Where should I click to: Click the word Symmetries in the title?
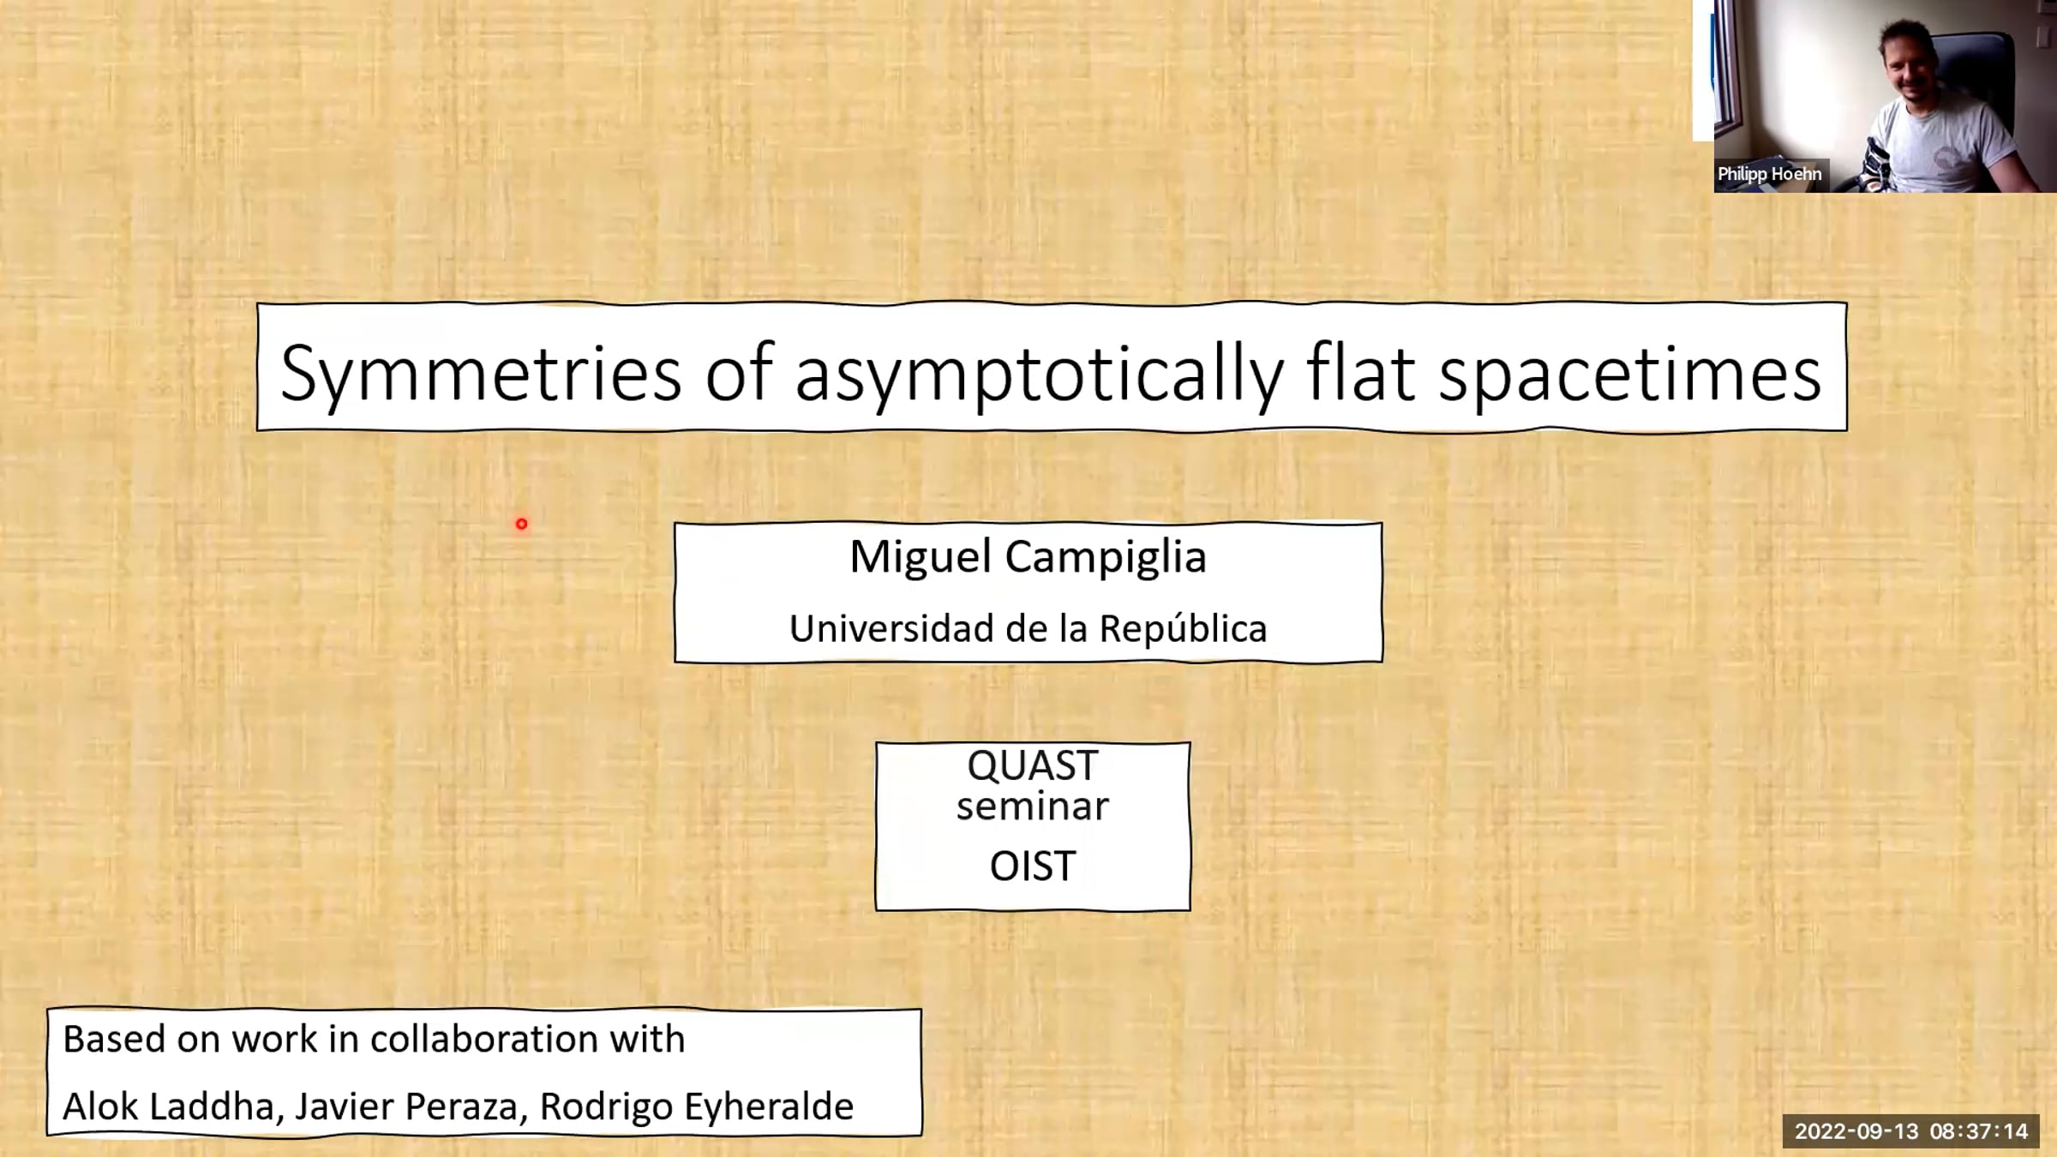click(x=481, y=374)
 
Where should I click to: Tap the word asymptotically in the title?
click(x=1040, y=374)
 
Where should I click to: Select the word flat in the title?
click(x=1360, y=374)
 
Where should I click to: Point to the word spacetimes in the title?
click(x=1629, y=374)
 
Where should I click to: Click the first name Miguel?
click(x=921, y=557)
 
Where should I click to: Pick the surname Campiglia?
click(x=1106, y=557)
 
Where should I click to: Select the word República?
click(x=1183, y=628)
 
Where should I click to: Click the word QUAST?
click(x=1032, y=765)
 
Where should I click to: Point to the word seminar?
click(x=1032, y=806)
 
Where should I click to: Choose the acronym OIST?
click(x=1032, y=866)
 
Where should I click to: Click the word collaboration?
click(x=484, y=1039)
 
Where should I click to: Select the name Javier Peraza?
click(x=407, y=1106)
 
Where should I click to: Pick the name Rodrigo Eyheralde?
click(x=696, y=1106)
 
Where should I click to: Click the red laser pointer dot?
click(x=521, y=524)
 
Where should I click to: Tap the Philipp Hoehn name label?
click(x=1769, y=174)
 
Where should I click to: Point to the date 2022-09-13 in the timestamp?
click(x=1856, y=1131)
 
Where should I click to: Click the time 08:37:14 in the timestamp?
click(x=1979, y=1131)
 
